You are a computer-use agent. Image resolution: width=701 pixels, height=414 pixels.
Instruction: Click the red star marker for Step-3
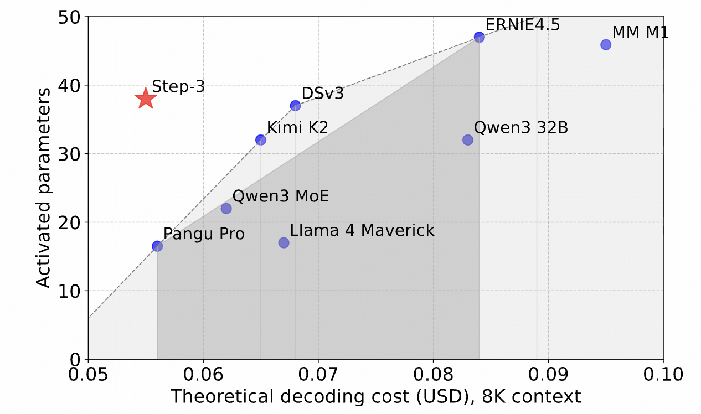point(145,99)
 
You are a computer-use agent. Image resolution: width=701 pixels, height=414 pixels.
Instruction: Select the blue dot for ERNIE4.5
point(480,37)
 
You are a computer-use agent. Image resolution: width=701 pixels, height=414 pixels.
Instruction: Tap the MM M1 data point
point(606,45)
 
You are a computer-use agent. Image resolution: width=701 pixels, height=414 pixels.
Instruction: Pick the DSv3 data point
point(295,106)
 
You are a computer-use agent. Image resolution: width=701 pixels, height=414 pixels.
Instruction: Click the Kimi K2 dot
point(261,140)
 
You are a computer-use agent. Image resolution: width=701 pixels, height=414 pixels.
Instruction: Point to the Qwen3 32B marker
point(468,140)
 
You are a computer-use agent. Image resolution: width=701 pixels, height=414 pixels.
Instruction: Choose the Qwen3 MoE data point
point(226,209)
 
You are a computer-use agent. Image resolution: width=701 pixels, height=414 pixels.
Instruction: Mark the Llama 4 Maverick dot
point(284,242)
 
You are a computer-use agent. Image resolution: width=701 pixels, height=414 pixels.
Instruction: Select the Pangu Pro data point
point(157,246)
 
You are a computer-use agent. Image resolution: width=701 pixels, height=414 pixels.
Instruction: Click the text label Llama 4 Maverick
point(362,230)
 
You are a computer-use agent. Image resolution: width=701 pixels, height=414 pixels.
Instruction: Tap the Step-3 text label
point(178,86)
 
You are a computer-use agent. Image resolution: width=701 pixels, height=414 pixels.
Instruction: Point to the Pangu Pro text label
point(204,234)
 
